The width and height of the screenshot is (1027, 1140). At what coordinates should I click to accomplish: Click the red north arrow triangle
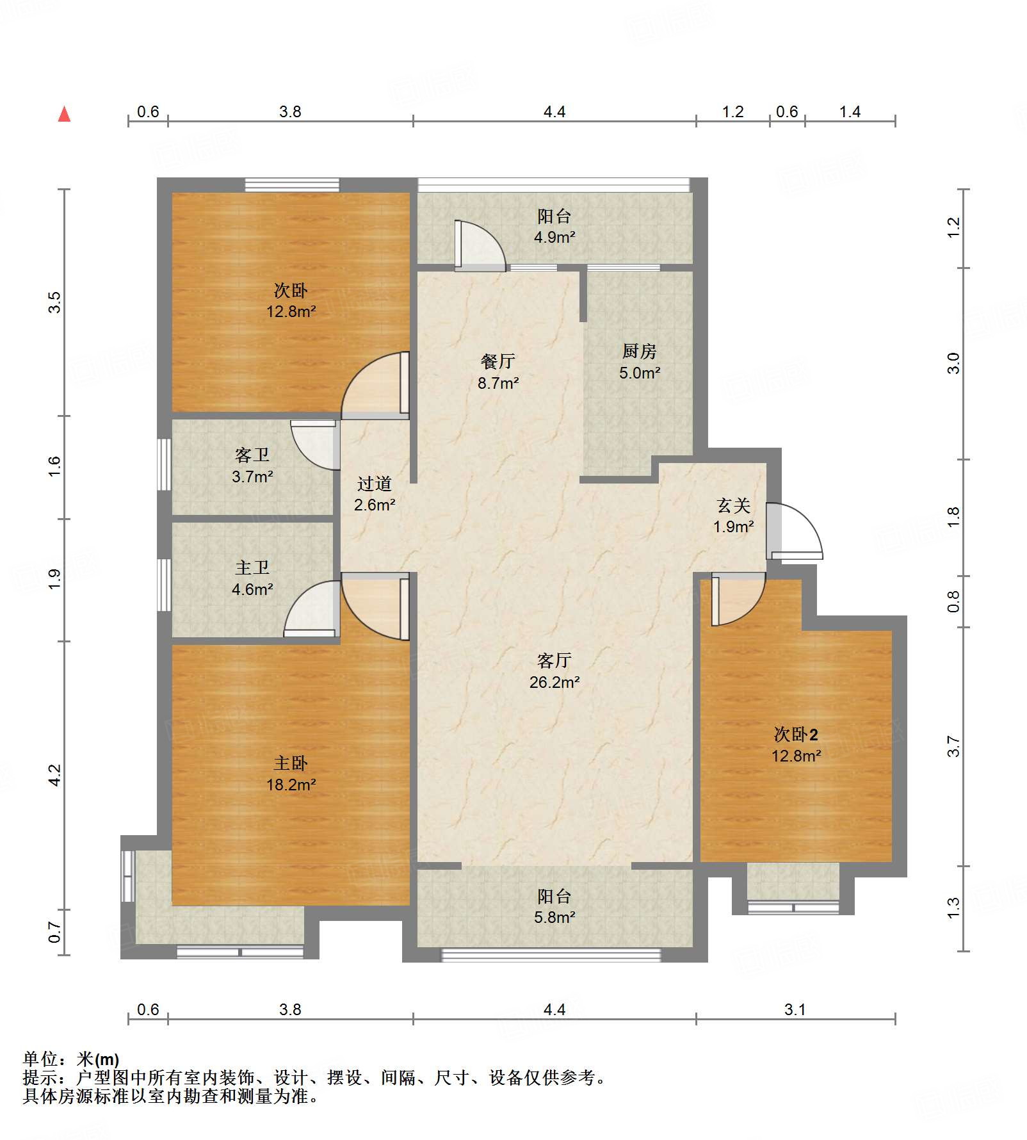pyautogui.click(x=64, y=114)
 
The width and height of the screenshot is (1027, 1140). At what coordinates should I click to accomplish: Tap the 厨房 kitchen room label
pyautogui.click(x=639, y=361)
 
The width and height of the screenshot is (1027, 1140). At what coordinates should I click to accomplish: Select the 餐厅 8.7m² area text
pyautogui.click(x=497, y=372)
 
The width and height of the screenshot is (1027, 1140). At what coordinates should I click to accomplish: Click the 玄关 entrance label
pyautogui.click(x=733, y=516)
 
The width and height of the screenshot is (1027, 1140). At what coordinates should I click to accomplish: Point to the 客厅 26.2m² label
pyautogui.click(x=554, y=671)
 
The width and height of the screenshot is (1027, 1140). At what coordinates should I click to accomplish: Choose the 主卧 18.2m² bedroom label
pyautogui.click(x=291, y=774)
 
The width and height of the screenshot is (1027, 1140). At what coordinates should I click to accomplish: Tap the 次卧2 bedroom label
pyautogui.click(x=796, y=745)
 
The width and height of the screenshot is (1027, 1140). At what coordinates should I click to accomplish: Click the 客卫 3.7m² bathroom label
pyautogui.click(x=252, y=466)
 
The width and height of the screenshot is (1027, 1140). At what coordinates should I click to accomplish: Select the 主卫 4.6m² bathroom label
pyautogui.click(x=252, y=578)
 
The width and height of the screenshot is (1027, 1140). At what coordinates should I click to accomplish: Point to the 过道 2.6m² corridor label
pyautogui.click(x=375, y=494)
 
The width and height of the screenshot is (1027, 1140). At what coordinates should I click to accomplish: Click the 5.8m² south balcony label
pyautogui.click(x=554, y=917)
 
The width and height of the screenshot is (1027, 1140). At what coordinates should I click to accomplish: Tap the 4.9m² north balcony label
pyautogui.click(x=554, y=237)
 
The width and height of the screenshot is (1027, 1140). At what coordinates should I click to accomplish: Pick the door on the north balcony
pyautogui.click(x=480, y=245)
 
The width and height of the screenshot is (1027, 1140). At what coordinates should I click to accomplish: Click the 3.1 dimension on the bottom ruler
pyautogui.click(x=795, y=1010)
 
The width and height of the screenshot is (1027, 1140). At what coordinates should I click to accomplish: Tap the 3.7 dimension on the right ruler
pyautogui.click(x=953, y=746)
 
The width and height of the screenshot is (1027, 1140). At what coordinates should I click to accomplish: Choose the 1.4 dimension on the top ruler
pyautogui.click(x=850, y=112)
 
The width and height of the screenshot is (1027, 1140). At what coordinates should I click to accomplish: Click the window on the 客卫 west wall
pyautogui.click(x=165, y=464)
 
